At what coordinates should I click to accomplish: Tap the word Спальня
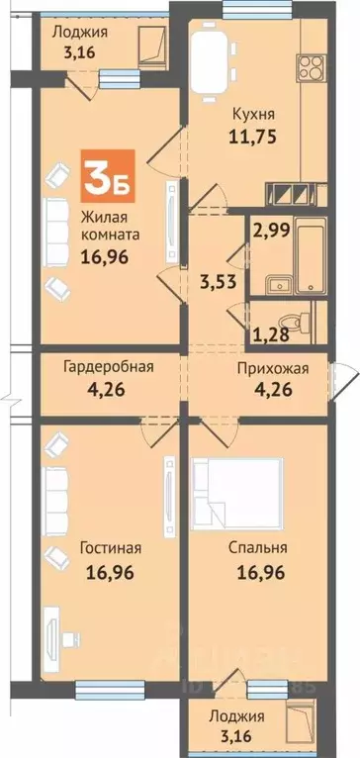(261, 546)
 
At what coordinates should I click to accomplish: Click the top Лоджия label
(80, 32)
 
